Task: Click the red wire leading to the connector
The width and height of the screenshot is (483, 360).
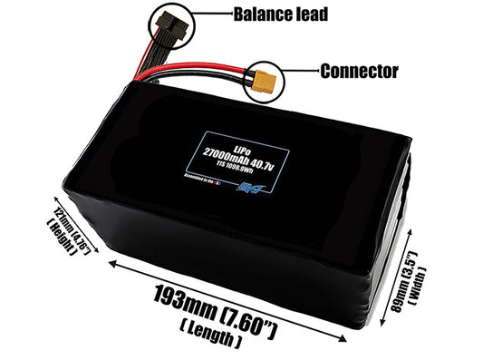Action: [217, 68]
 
